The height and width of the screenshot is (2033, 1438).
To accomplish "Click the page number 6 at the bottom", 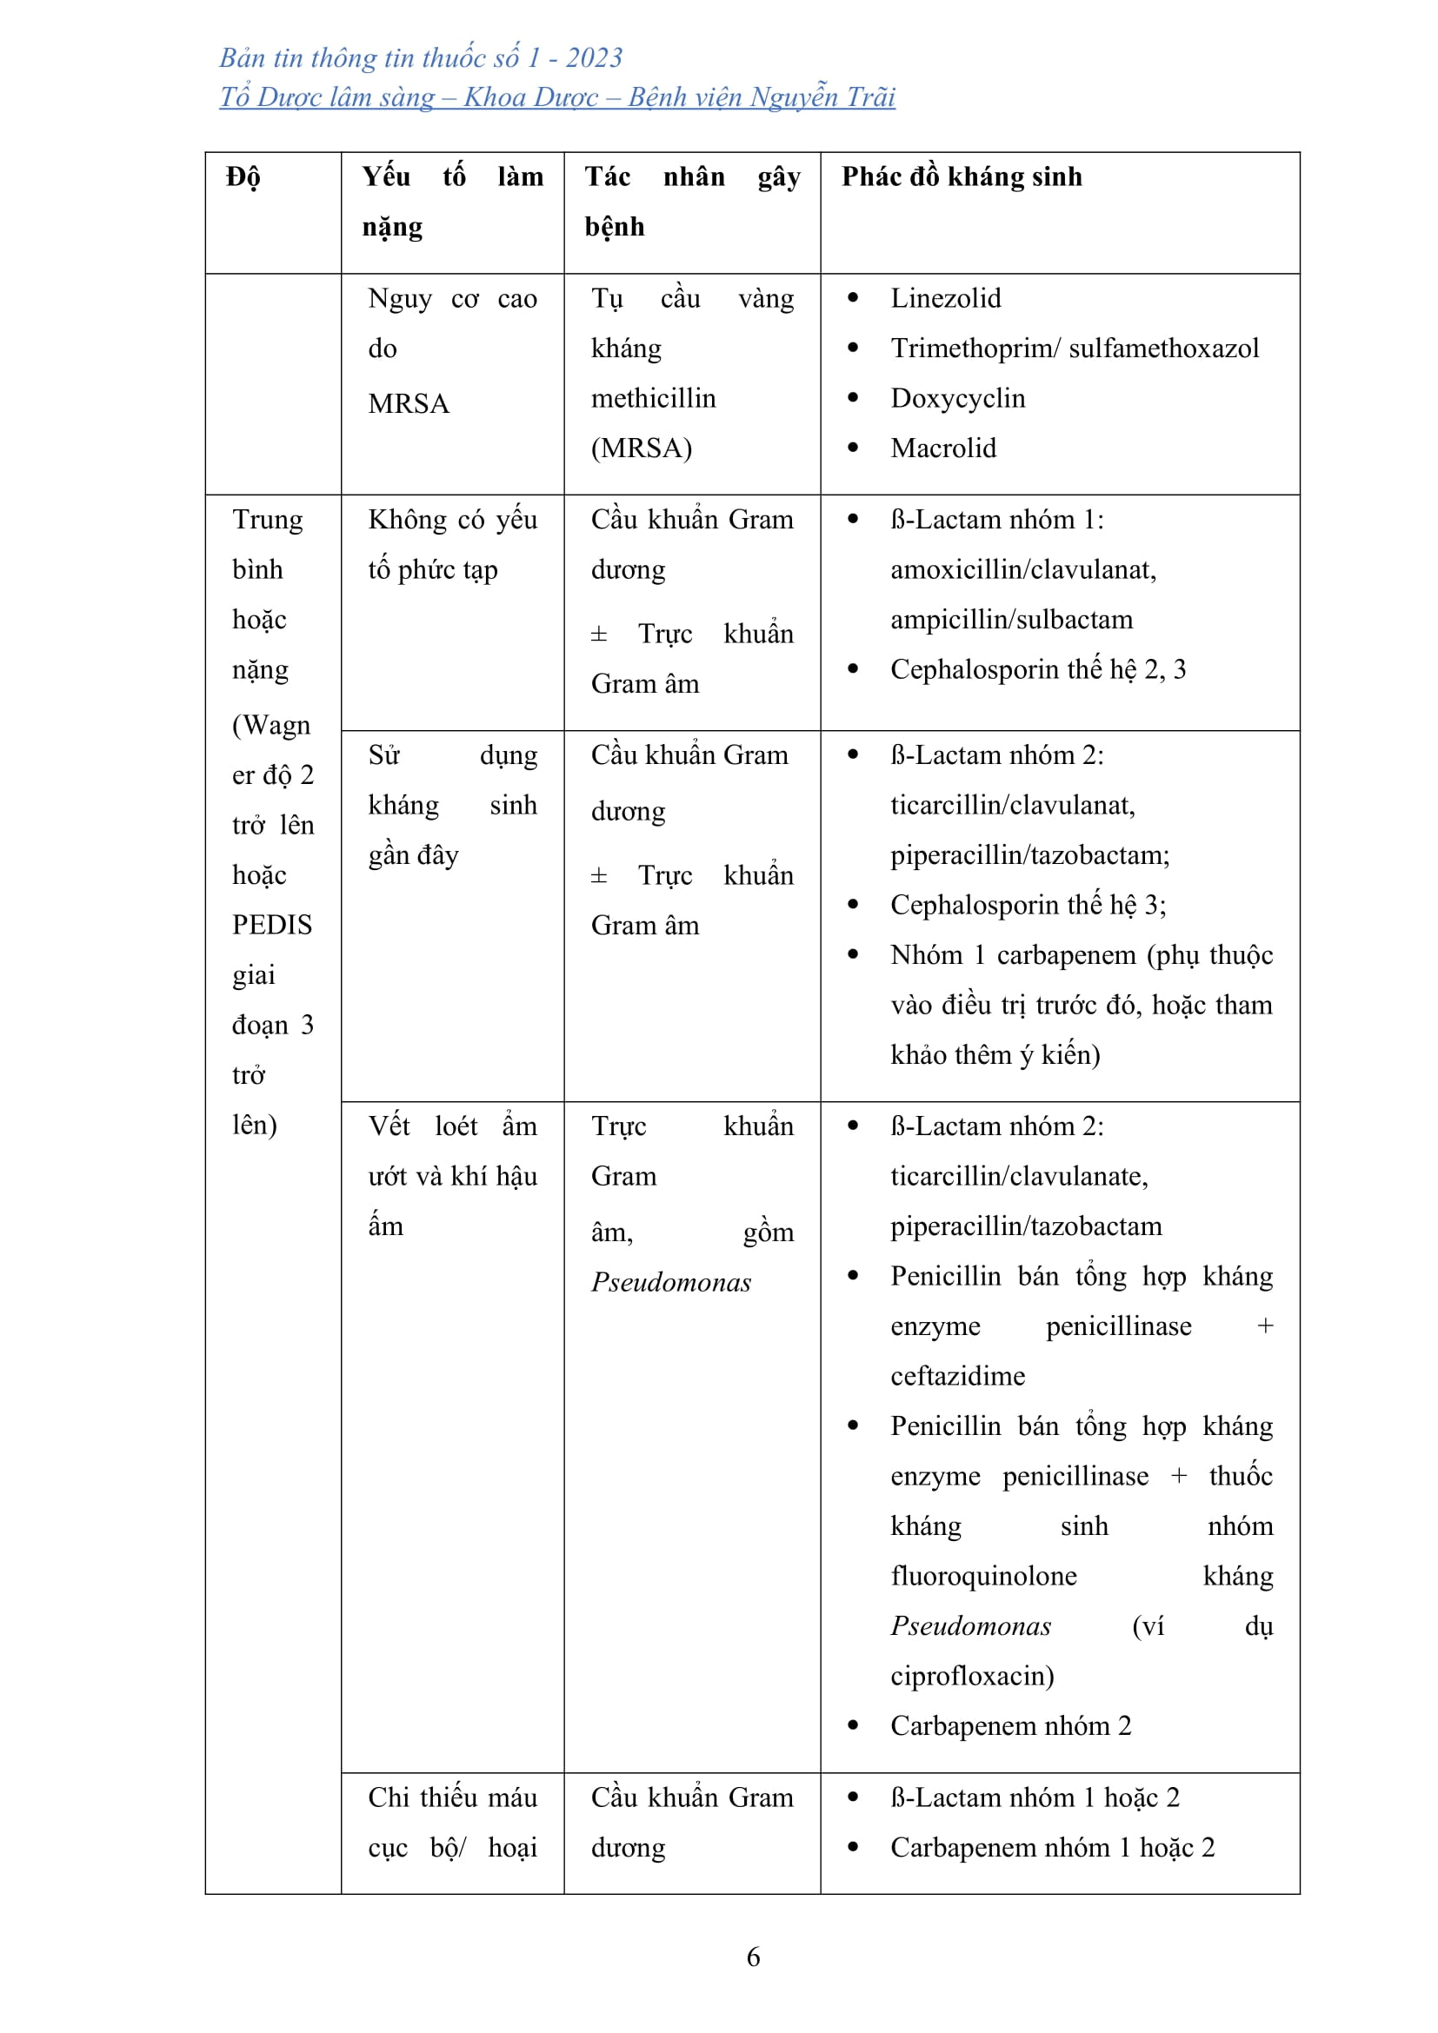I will tap(753, 1957).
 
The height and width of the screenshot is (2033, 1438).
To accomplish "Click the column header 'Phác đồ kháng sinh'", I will tap(962, 177).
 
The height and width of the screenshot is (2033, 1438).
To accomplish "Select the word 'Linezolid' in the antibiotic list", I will tap(946, 298).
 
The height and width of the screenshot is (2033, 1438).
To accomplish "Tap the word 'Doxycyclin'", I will tap(958, 398).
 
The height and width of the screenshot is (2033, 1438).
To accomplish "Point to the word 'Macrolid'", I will tap(943, 448).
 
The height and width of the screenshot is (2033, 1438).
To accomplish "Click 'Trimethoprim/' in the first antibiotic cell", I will tap(975, 348).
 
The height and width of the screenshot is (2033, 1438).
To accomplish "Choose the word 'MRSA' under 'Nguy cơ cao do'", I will tap(409, 404).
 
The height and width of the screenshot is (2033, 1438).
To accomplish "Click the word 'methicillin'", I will tap(654, 398).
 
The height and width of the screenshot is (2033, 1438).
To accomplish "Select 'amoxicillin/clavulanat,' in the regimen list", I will tap(1023, 569).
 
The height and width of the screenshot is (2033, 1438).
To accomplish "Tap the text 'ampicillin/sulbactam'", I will tap(1011, 620).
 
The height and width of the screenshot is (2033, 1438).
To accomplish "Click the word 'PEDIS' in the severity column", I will tap(272, 925).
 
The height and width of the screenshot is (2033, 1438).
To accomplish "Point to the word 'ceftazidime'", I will tap(958, 1375).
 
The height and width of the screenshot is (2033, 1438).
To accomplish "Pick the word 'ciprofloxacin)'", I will tap(972, 1675).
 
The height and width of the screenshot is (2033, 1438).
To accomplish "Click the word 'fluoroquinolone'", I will tap(984, 1575).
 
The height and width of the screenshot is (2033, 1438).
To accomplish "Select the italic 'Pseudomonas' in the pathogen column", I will tap(671, 1282).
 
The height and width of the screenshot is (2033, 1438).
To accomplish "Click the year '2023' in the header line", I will tap(594, 58).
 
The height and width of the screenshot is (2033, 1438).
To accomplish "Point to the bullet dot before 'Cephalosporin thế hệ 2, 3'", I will tap(853, 669).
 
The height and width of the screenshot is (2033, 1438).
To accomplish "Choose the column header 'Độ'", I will tap(243, 177).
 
